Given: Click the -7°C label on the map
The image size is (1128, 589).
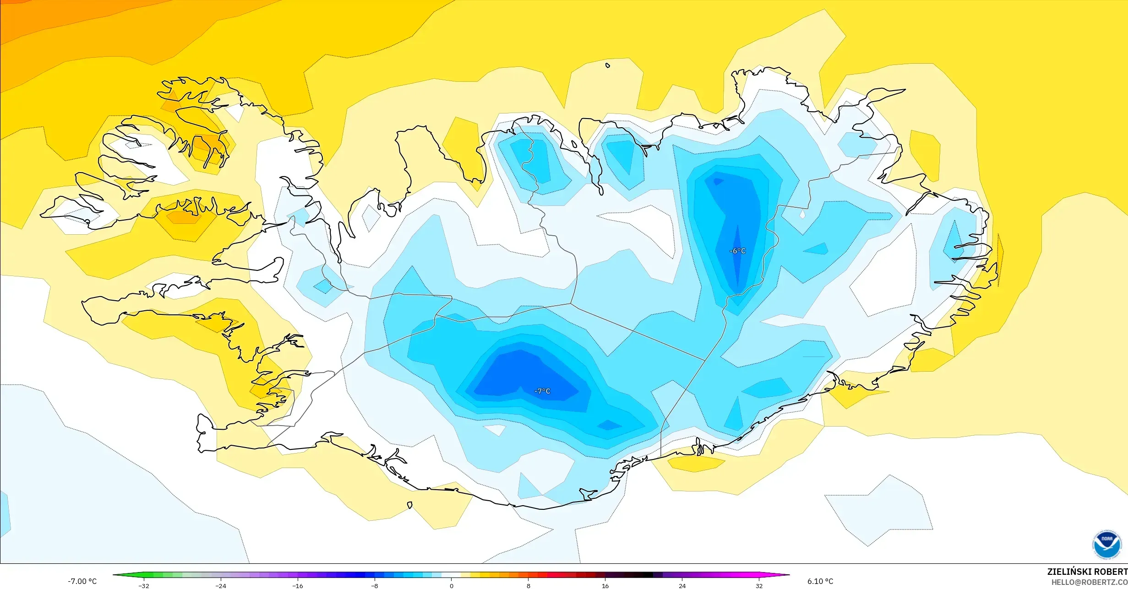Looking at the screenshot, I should (x=542, y=391).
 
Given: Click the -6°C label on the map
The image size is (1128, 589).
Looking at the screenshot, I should (x=737, y=251).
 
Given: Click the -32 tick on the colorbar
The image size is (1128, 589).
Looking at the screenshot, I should (x=144, y=585).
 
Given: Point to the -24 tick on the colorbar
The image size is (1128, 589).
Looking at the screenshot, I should (x=221, y=585).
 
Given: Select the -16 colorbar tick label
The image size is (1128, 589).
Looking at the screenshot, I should (x=298, y=585).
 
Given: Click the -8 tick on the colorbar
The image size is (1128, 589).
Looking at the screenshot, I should (x=375, y=585).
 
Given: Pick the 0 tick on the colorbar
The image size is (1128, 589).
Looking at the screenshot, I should (x=452, y=585).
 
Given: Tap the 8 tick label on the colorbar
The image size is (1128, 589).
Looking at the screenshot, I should (x=529, y=585).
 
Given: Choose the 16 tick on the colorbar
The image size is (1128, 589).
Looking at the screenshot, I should (x=605, y=585).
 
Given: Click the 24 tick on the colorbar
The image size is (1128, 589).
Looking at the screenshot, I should (x=682, y=585).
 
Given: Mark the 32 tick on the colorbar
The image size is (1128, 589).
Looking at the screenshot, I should (x=759, y=585).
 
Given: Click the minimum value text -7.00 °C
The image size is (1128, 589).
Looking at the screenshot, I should (x=82, y=581).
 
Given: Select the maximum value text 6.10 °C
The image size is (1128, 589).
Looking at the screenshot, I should (x=820, y=581).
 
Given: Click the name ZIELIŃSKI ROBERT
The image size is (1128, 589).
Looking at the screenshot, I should (x=1087, y=572).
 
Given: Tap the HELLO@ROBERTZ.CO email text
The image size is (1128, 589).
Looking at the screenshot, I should (x=1089, y=582).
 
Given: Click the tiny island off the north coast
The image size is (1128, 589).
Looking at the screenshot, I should (x=608, y=65).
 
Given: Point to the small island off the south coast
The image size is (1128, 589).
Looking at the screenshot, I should (x=410, y=505).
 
